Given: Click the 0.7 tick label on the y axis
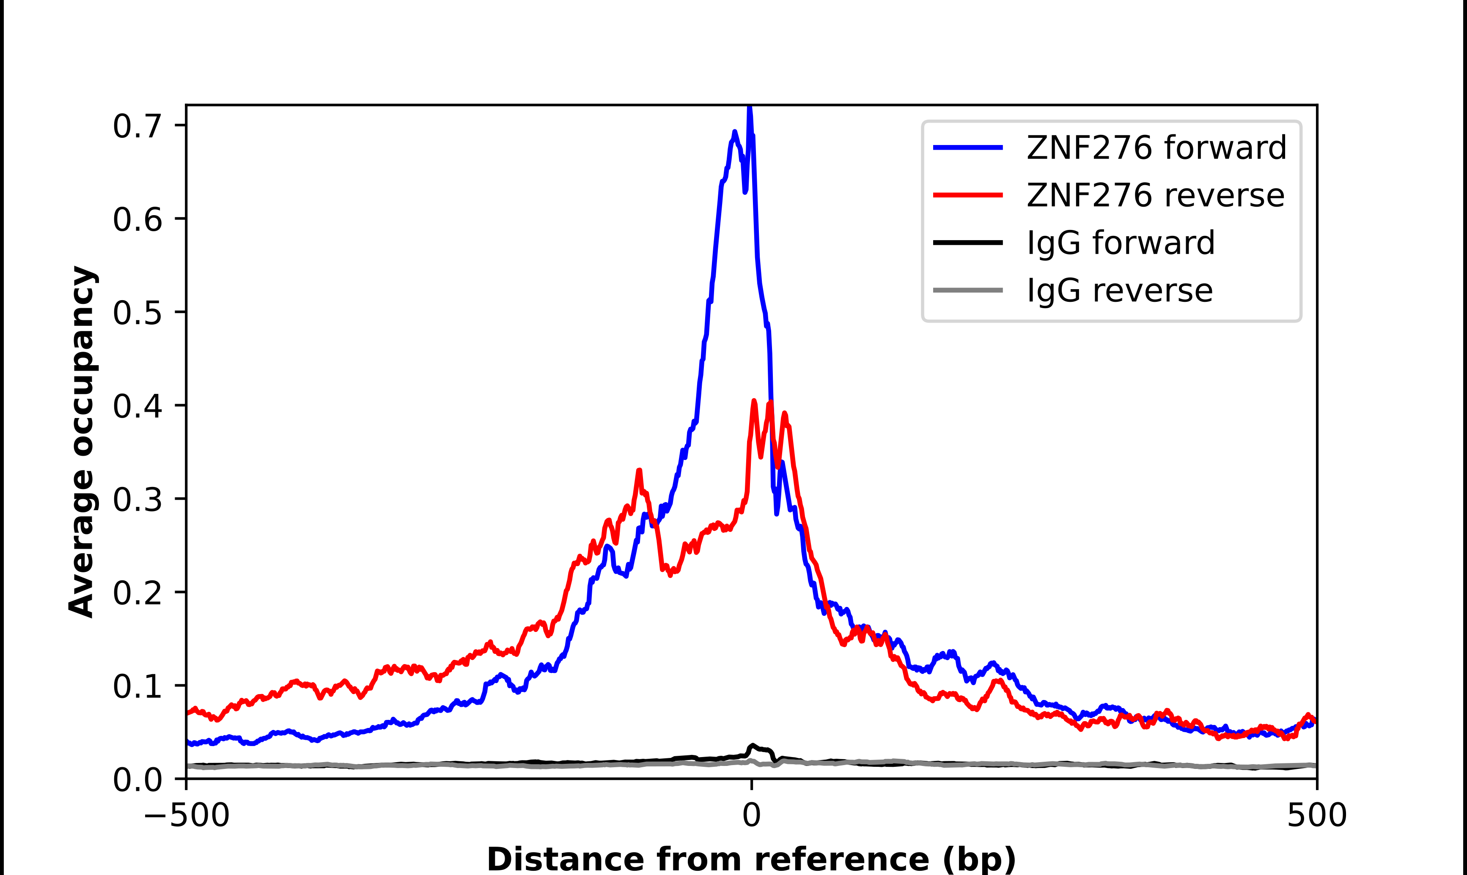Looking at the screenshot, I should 137,126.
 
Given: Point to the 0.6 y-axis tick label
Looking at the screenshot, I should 137,219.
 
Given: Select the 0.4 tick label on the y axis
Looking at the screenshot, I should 137,406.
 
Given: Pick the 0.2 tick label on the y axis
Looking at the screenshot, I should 137,593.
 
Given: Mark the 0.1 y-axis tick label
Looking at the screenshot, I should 137,686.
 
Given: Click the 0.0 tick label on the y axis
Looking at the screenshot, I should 137,779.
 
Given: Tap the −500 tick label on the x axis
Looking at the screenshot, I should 187,815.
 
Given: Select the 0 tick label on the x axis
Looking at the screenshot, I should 751,815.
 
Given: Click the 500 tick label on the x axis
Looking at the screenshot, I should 1316,815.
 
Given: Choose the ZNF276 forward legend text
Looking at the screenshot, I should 1156,148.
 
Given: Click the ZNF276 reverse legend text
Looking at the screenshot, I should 1155,195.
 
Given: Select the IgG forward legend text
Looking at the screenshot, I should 1121,243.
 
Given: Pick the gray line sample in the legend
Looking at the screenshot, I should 968,290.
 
